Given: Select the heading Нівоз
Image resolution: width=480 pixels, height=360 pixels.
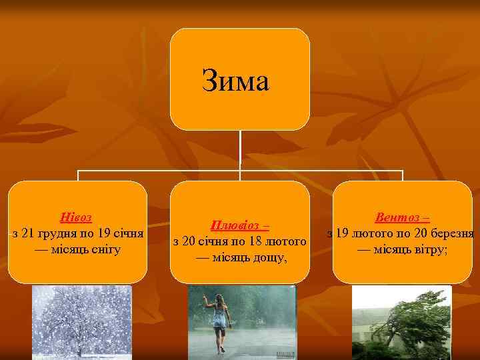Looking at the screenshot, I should [x=76, y=218].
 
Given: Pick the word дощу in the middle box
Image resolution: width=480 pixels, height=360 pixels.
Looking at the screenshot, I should [x=268, y=256].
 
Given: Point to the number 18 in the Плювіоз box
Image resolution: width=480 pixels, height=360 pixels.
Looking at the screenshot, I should [x=262, y=241].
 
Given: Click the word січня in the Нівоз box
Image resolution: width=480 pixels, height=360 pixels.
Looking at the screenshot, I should [x=129, y=233].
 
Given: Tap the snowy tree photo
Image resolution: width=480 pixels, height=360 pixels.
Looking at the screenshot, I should [x=82, y=323].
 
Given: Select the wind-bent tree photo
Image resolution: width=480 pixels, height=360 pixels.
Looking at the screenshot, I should [x=402, y=323].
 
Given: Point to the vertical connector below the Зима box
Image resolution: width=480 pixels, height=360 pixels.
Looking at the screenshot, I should [x=240, y=150].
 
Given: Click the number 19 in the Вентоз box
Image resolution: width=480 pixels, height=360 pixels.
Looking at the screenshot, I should [x=341, y=233].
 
